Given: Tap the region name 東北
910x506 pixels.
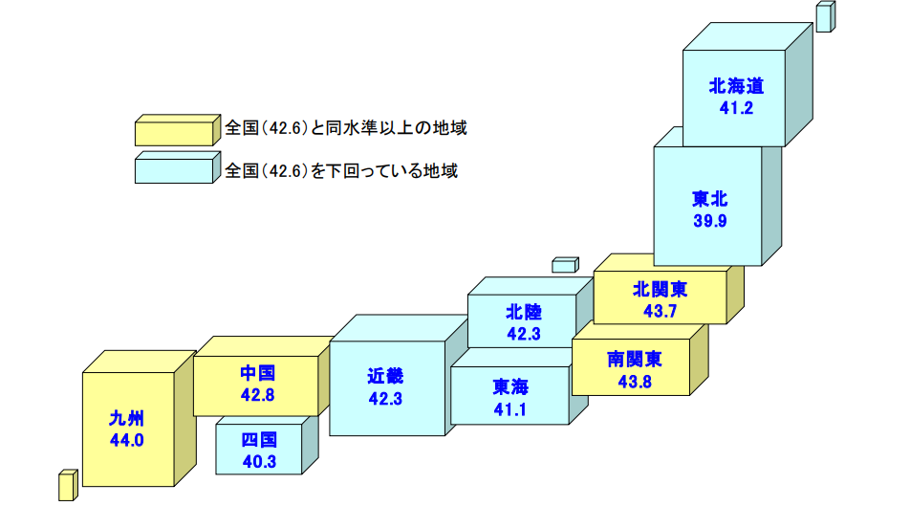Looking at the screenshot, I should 709,200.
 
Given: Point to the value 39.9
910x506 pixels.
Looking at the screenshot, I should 709,221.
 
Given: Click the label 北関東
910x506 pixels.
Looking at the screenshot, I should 660,289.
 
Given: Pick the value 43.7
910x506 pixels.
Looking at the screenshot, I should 660,310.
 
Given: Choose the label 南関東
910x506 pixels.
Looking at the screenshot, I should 635,360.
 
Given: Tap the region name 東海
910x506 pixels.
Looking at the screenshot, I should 510,387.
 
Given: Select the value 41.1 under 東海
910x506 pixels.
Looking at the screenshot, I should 510,409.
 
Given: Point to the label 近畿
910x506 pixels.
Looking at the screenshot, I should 384,376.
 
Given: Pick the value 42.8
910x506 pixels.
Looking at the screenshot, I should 258,394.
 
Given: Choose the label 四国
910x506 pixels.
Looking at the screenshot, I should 259,441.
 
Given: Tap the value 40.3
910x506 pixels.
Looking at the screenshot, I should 259,462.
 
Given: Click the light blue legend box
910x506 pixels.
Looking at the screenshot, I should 174,170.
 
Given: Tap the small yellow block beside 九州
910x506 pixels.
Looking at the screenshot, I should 67,485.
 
